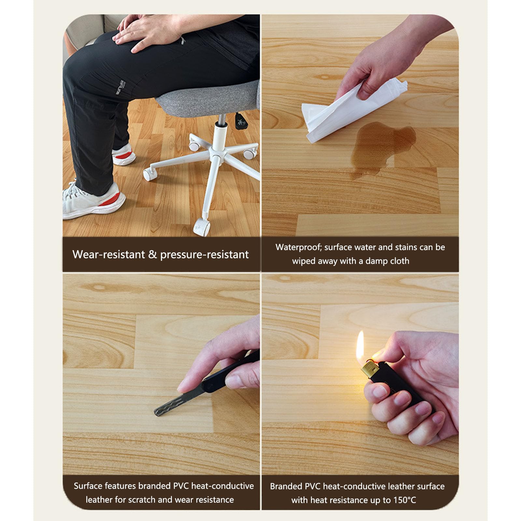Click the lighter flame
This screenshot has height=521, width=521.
click(x=360, y=347)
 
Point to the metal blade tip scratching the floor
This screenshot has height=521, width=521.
click(x=158, y=412)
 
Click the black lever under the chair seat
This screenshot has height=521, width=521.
click(x=240, y=121)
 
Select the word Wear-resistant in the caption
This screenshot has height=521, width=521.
click(x=108, y=254)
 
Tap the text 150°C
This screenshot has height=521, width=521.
click(x=404, y=500)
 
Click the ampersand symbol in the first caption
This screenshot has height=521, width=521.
click(x=152, y=254)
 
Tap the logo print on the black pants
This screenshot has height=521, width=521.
click(x=120, y=87)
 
